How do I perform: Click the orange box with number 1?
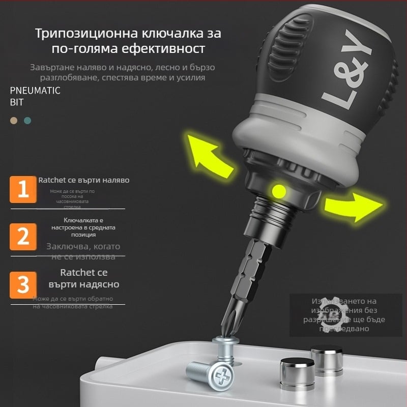click(23, 189)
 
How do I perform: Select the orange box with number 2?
click(23, 237)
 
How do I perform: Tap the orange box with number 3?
click(23, 284)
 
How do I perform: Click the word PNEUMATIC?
click(35, 91)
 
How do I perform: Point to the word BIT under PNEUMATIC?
click(17, 102)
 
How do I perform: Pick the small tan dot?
click(14, 121)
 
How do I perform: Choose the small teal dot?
click(27, 121)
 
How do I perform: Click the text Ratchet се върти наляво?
click(83, 180)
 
